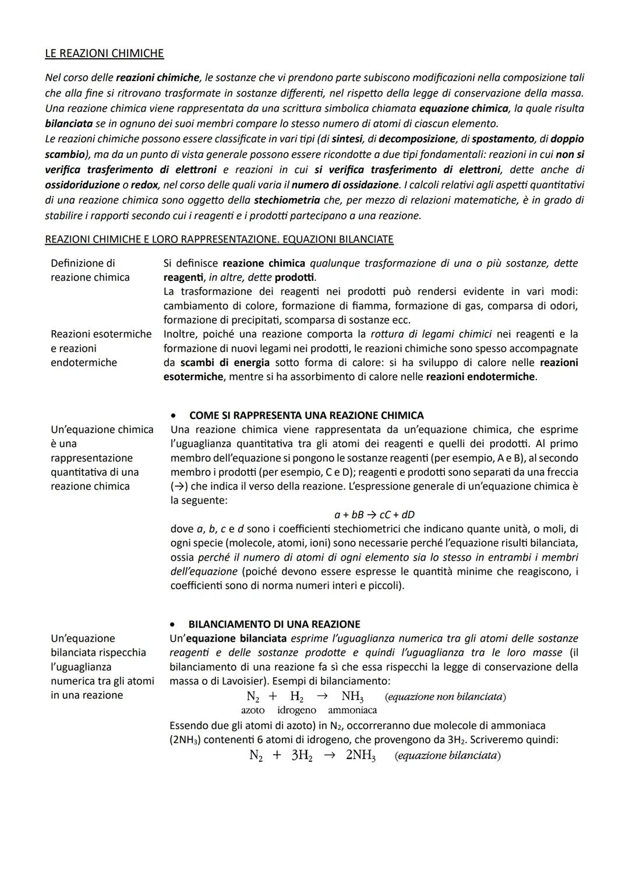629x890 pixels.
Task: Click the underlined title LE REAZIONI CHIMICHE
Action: [104, 54]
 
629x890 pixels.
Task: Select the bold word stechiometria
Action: [287, 200]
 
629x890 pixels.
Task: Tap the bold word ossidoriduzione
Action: [80, 185]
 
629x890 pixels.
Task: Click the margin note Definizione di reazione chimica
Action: [90, 270]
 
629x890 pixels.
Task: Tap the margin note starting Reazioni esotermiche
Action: [101, 348]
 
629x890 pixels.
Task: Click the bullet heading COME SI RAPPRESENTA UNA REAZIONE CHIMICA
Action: [306, 416]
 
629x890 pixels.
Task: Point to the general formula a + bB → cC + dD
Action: [374, 515]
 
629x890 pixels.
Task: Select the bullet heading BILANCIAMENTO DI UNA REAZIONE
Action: [274, 624]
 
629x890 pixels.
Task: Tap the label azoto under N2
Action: [253, 710]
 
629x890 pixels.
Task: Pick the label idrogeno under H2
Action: [296, 710]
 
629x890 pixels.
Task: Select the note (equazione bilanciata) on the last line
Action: [447, 755]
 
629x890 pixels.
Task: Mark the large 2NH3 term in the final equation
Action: [360, 756]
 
